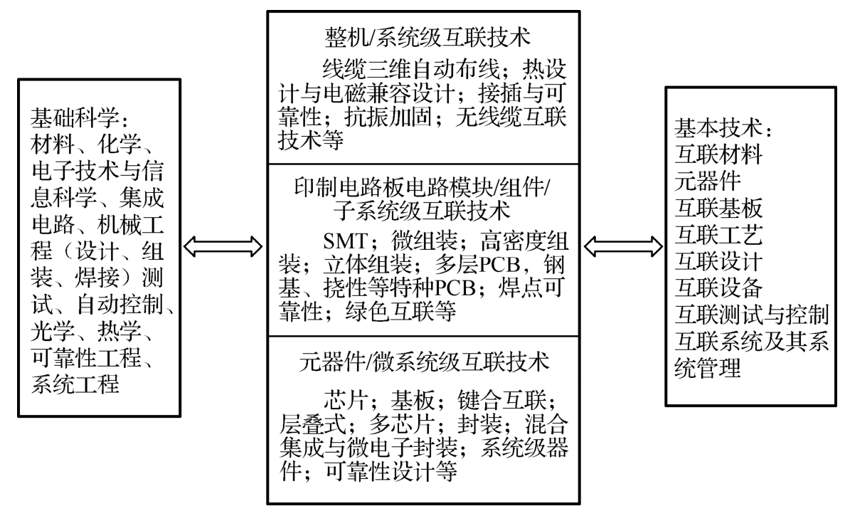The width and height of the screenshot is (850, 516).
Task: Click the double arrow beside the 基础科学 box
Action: [x=222, y=246]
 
